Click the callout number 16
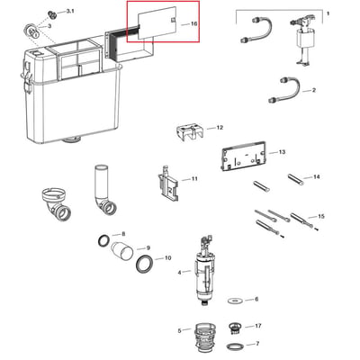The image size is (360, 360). coord(194,23)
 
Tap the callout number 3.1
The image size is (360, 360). coord(70,11)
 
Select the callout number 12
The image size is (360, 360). coord(220,128)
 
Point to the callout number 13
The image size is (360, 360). coord(282,152)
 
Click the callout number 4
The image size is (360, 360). coord(179,273)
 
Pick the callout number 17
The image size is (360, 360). coord(258,326)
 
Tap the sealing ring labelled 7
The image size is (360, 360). coord(234,346)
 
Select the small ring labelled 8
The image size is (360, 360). coord(104,241)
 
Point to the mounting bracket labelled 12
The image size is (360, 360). coord(190,132)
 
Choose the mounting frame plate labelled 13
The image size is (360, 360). coord(244,156)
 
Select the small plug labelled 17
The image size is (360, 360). coord(233,328)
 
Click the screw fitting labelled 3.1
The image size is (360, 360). coord(53,14)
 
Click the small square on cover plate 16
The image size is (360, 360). coord(174,21)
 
